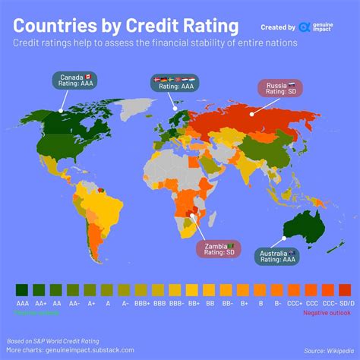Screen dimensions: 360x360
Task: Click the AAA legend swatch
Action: point(22,289)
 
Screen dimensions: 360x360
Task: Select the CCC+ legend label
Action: point(294,302)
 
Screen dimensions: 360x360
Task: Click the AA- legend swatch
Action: point(74,289)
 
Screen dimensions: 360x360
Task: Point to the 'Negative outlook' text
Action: point(327,311)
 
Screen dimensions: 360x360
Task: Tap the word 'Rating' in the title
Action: point(206,27)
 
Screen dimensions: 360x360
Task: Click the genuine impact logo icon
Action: point(305,27)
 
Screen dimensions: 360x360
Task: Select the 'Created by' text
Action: point(276,27)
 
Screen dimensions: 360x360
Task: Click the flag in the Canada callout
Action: point(88,77)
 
